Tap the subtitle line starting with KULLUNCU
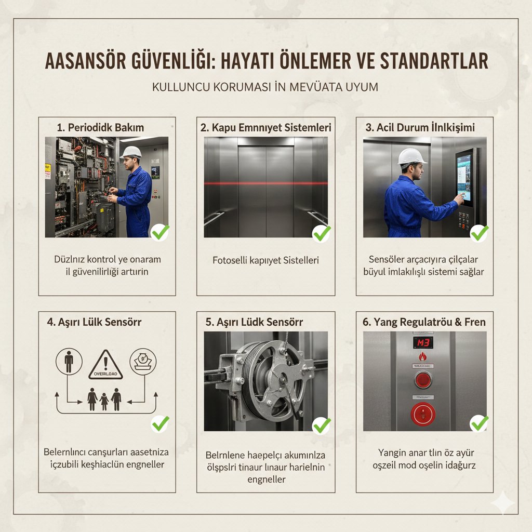(265, 87)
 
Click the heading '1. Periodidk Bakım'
(100, 127)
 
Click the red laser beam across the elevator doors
(265, 183)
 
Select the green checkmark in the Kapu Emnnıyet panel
(322, 233)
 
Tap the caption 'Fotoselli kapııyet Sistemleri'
(265, 260)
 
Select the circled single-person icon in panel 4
(69, 362)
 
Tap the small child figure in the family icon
(104, 401)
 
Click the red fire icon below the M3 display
(422, 358)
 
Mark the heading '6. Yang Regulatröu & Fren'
(424, 322)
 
